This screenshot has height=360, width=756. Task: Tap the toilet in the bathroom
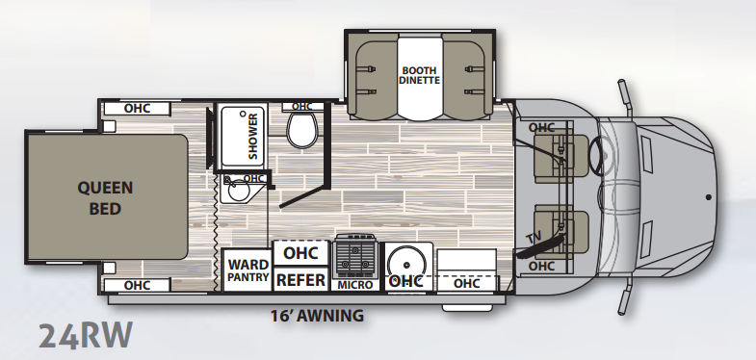[x=302, y=130]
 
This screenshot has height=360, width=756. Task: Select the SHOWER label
[x=253, y=136]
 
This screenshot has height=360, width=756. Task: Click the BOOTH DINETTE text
[x=420, y=75]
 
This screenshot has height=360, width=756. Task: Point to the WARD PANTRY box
[x=248, y=270]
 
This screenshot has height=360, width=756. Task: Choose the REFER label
[x=301, y=280]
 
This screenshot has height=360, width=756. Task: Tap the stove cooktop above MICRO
[x=355, y=256]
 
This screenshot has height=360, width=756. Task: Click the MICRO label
[x=355, y=285]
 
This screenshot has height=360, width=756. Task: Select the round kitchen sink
[x=406, y=265]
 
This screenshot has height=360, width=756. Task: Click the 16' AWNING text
[x=317, y=316]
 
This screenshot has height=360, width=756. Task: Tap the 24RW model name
[x=86, y=335]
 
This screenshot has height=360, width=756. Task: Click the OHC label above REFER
[x=300, y=253]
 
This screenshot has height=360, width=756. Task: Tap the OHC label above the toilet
[x=301, y=107]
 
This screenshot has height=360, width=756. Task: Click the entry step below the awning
[x=467, y=307]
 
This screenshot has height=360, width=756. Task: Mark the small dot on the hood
[x=709, y=197]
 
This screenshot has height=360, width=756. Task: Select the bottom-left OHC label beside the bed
[x=138, y=285]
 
